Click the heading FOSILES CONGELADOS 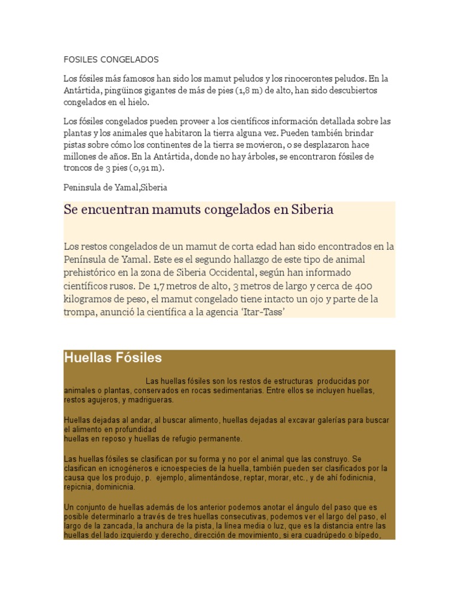click(111, 60)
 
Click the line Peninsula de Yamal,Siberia click(115, 187)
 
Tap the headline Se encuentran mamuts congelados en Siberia click(198, 210)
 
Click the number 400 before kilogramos click(382, 286)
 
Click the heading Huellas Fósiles click(113, 358)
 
